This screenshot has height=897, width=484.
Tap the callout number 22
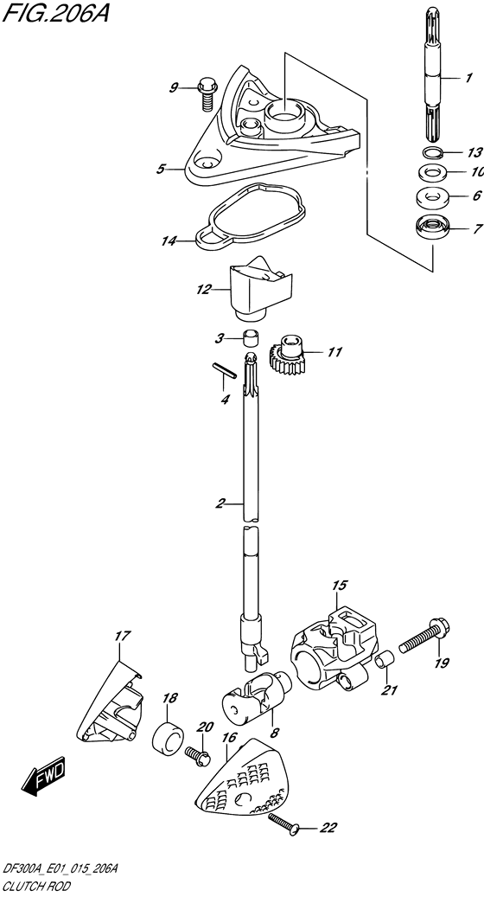(x=328, y=827)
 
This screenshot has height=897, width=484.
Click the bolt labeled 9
(x=205, y=93)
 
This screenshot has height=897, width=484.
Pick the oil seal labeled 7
(x=433, y=228)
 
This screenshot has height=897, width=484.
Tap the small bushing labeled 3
(x=250, y=338)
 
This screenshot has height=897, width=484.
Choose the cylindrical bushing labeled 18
(x=168, y=739)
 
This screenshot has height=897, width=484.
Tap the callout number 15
(x=340, y=586)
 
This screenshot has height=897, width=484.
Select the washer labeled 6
(x=433, y=195)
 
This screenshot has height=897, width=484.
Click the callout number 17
(x=122, y=636)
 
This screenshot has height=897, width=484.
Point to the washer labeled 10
(x=432, y=171)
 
